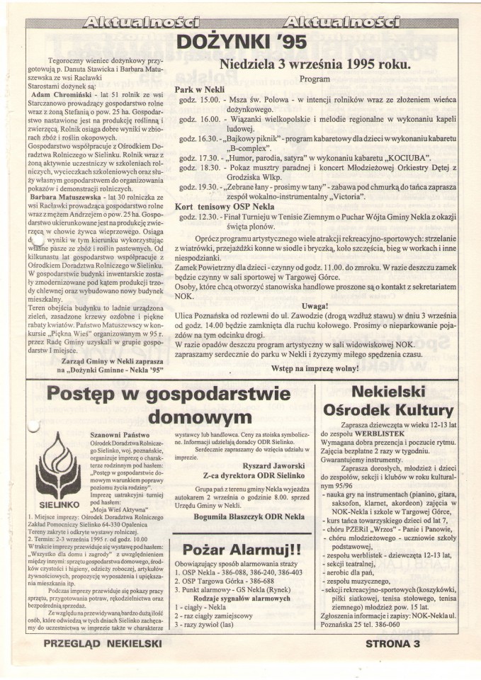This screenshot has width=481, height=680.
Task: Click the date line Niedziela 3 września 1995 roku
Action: click(x=315, y=64)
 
